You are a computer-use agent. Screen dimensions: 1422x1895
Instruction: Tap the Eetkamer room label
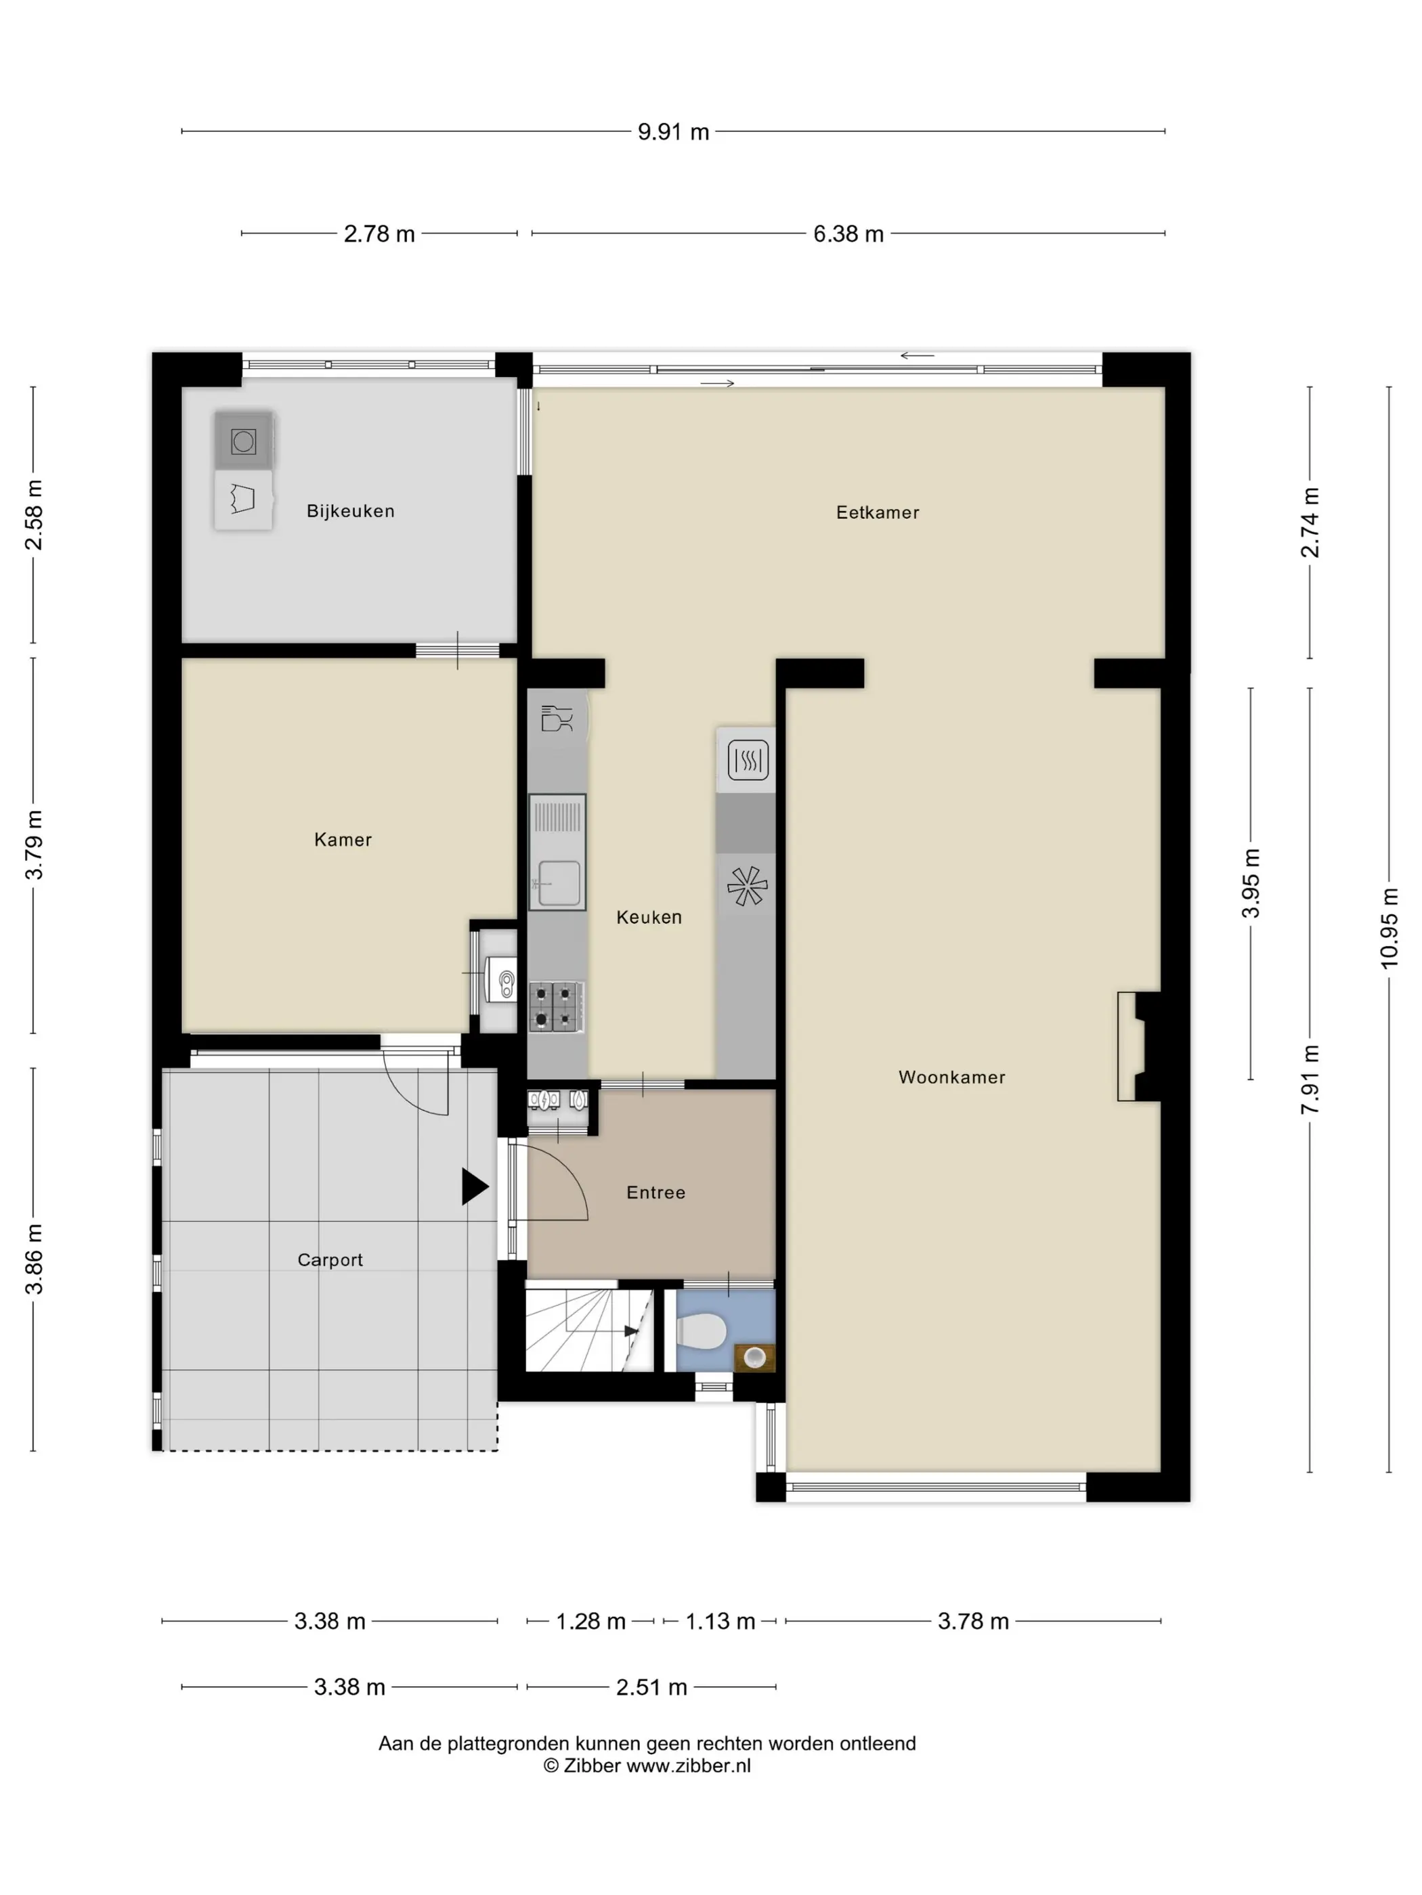coord(877,512)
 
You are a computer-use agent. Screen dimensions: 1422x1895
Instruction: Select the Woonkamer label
coord(951,1077)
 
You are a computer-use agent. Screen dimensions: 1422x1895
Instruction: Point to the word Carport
coord(330,1259)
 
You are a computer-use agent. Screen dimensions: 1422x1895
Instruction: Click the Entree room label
coord(655,1192)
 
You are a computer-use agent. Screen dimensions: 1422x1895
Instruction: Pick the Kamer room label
coord(343,840)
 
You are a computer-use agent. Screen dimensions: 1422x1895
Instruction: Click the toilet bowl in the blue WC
coord(702,1331)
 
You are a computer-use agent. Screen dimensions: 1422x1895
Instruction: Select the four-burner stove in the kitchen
coord(555,1006)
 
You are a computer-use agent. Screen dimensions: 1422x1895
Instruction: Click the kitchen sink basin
coord(557,883)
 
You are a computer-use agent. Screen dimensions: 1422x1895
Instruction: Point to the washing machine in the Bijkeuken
coord(243,441)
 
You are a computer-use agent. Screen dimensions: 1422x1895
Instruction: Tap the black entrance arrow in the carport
coord(475,1186)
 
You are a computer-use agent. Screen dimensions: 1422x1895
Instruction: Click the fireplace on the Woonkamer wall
coord(1138,1046)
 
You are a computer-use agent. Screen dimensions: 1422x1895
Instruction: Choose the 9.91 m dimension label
coord(673,132)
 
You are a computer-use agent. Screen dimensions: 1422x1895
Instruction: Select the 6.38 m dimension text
coord(848,234)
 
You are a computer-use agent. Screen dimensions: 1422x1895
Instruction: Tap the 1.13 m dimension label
coord(720,1621)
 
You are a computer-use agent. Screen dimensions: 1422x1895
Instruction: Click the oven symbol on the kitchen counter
coord(748,760)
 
